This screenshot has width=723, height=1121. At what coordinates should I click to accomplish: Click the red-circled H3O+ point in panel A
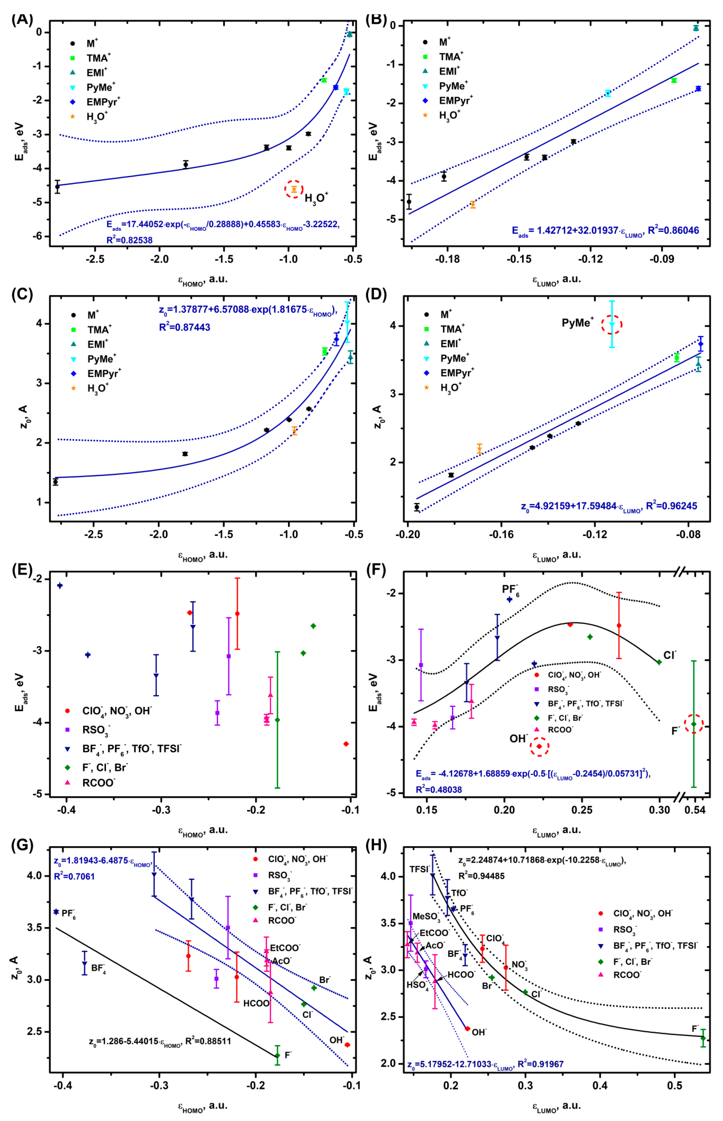(294, 189)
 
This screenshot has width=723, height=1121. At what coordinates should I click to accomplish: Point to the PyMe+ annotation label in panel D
(577, 323)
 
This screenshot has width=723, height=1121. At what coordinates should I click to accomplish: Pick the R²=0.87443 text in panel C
(184, 327)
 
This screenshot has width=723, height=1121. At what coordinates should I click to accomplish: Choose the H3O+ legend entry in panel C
(98, 388)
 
